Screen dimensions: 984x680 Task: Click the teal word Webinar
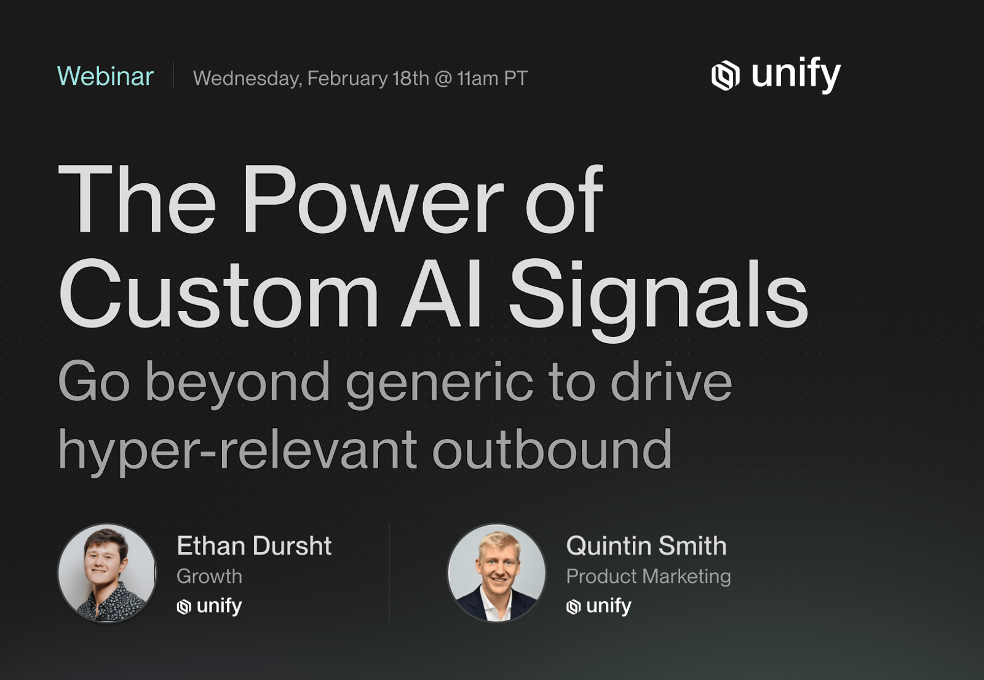(x=105, y=76)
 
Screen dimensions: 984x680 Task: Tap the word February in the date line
(x=347, y=79)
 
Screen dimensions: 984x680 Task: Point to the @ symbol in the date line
(x=443, y=79)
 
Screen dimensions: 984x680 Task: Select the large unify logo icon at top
(x=725, y=76)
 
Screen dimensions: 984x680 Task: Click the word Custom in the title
(x=218, y=293)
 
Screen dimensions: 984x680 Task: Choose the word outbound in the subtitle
(x=552, y=449)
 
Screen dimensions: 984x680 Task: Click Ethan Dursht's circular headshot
(x=107, y=572)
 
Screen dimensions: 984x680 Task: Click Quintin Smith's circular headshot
(x=496, y=572)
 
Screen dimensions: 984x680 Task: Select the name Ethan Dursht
(x=254, y=546)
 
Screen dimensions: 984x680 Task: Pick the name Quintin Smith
(x=646, y=546)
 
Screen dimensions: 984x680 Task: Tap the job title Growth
(x=209, y=576)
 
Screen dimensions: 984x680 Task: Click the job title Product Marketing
(x=648, y=577)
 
